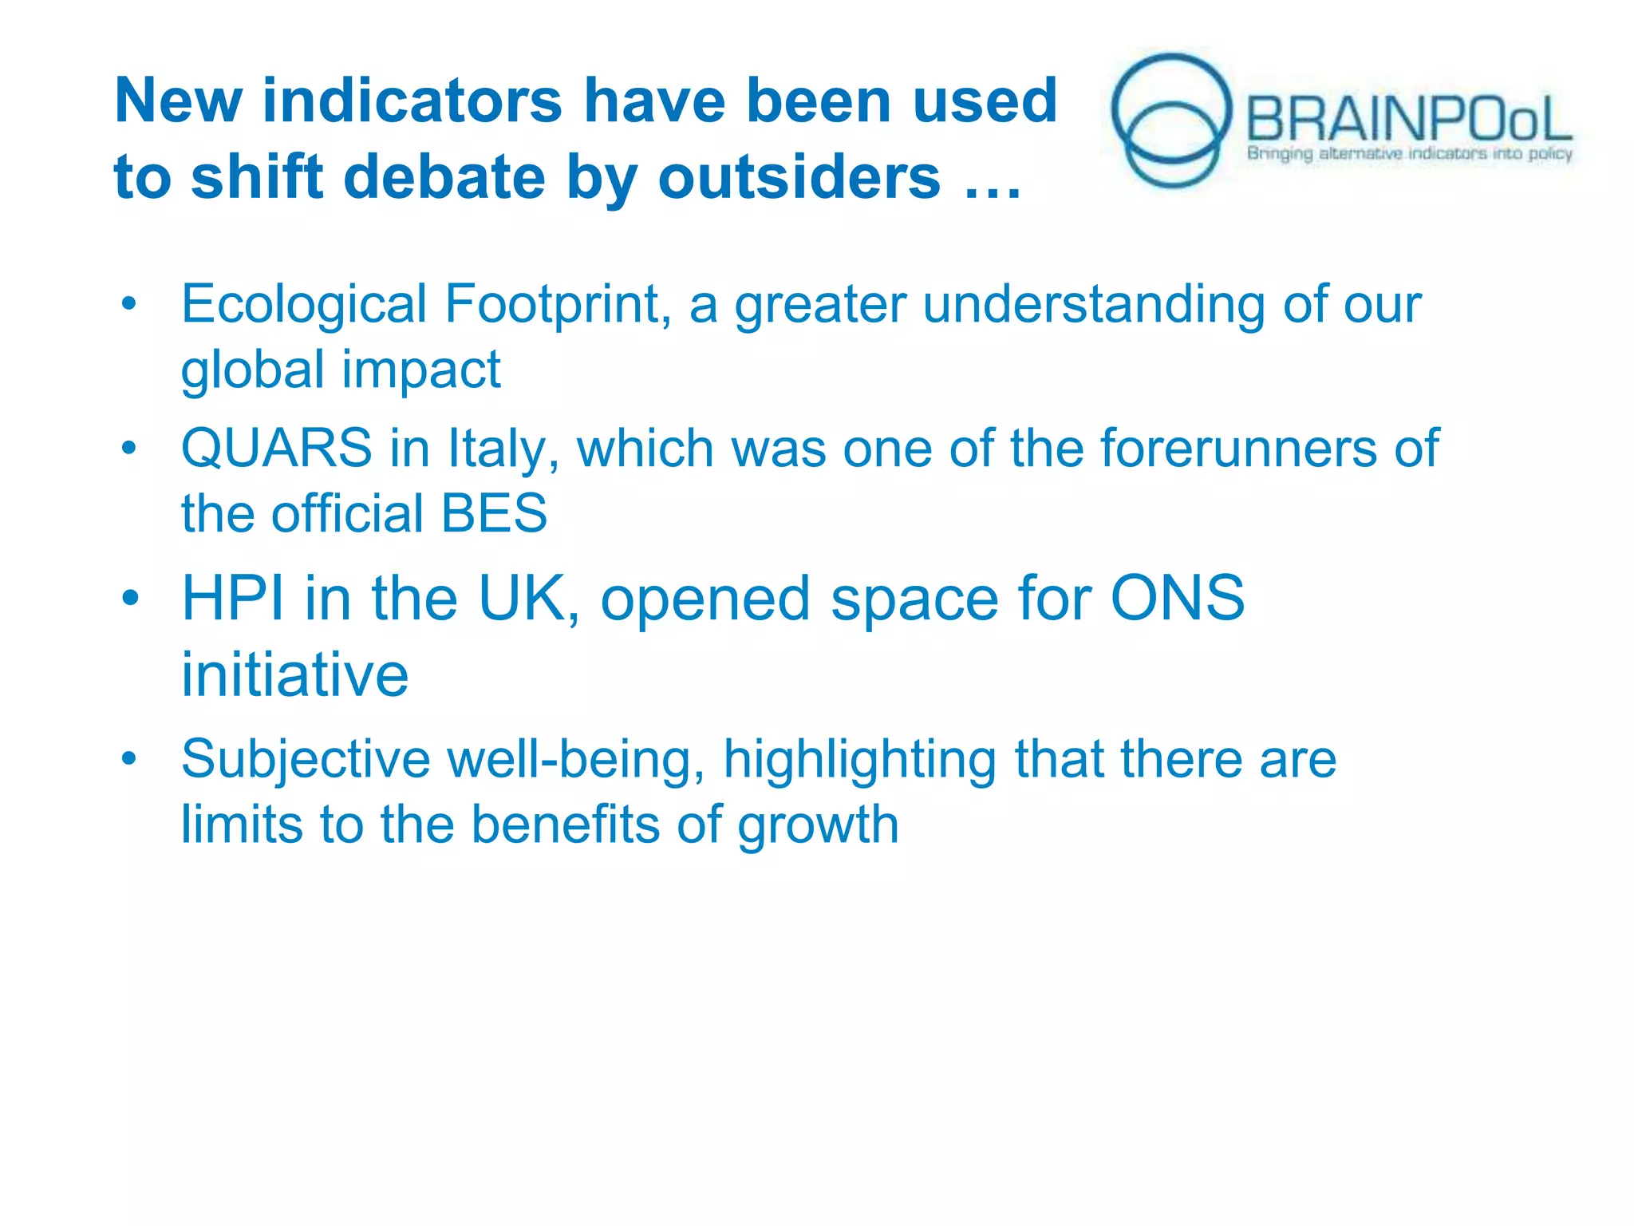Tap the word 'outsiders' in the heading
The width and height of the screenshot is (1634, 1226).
[799, 177]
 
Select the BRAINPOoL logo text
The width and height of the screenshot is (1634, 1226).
[1408, 120]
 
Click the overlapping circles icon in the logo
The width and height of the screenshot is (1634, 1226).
[1171, 121]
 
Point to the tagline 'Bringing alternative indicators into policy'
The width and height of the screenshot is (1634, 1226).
[1409, 153]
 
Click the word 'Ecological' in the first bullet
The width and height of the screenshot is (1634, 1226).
[304, 305]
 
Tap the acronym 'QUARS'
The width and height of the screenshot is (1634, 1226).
[276, 449]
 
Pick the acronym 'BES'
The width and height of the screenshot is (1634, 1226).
[494, 513]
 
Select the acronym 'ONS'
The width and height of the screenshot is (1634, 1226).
[1178, 599]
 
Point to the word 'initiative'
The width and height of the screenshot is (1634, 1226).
[294, 675]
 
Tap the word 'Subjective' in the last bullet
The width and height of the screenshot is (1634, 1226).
[306, 759]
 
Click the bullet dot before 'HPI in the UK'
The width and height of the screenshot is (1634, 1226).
[130, 598]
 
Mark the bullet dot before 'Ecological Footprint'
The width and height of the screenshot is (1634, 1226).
[129, 304]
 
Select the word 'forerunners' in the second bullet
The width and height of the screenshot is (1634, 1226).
[1238, 449]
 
